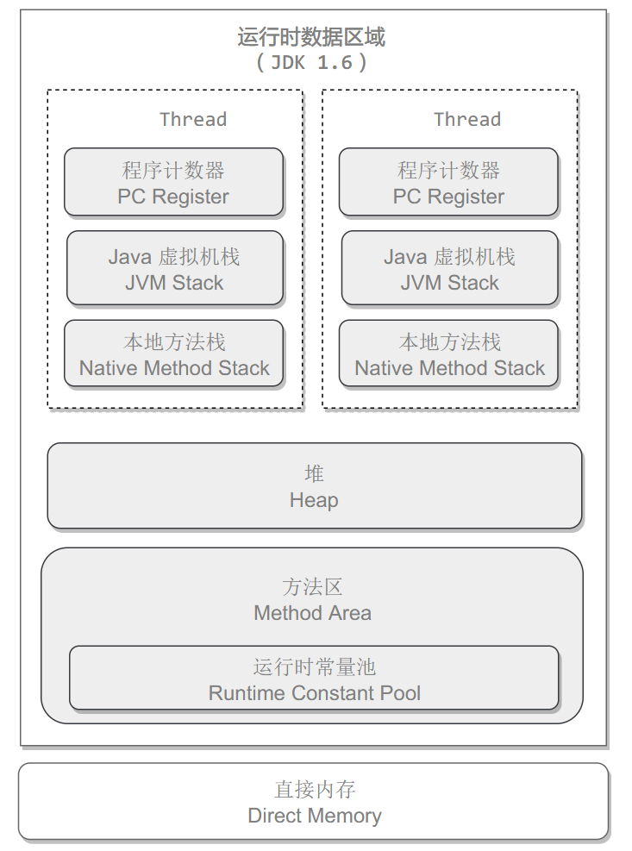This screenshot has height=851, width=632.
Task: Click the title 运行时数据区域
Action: [311, 37]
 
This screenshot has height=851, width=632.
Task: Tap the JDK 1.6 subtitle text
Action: [311, 63]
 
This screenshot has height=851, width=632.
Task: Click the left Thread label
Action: [193, 119]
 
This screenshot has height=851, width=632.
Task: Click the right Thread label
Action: [467, 119]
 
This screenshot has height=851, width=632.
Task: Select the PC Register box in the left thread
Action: [174, 182]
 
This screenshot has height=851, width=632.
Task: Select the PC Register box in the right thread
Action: [448, 182]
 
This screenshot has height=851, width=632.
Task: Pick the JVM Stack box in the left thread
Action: [175, 268]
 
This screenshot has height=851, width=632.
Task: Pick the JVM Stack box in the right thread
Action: [449, 268]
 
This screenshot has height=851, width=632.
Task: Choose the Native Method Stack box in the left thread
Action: [174, 354]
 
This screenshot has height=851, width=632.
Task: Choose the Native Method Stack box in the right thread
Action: [448, 354]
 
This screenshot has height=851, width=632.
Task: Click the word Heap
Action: [314, 500]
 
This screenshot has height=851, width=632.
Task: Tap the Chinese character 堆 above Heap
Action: [314, 474]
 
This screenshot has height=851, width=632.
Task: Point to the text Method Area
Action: [312, 613]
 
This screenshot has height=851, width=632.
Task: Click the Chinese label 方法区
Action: [312, 587]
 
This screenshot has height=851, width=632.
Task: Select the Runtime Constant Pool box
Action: [314, 678]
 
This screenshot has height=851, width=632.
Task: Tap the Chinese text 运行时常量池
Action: [315, 667]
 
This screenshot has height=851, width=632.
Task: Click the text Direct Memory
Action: [315, 816]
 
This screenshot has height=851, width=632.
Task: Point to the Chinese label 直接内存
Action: [315, 790]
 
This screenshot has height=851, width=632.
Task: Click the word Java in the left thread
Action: [129, 257]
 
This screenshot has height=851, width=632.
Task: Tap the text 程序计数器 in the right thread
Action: [448, 171]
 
